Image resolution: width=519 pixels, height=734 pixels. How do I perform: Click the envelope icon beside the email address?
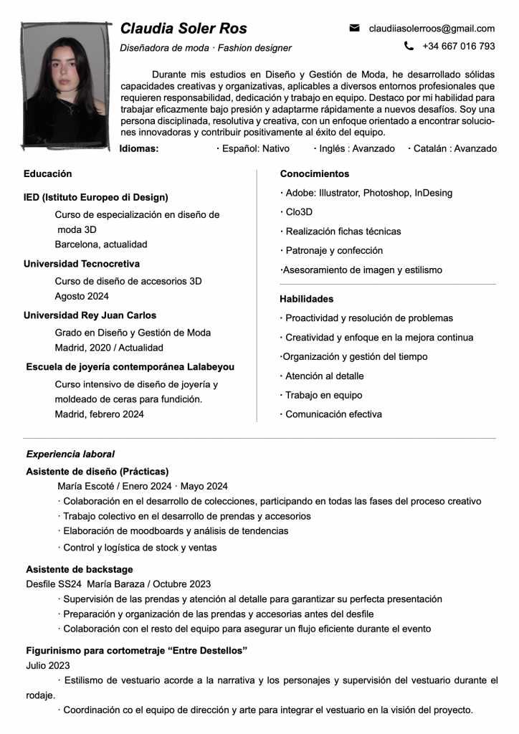(354, 28)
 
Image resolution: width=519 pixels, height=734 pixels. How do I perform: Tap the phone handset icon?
(409, 46)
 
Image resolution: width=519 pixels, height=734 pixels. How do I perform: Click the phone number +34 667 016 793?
(459, 46)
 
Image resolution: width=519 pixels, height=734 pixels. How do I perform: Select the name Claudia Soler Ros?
(184, 29)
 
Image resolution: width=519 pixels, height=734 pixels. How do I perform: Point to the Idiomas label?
(139, 148)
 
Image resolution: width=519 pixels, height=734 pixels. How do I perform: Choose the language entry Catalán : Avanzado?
(452, 148)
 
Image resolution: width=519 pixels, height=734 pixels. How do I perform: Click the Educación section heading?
(47, 173)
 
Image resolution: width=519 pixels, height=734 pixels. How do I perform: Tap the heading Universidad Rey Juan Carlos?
(90, 315)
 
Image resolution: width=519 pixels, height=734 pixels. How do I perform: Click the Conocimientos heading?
(315, 173)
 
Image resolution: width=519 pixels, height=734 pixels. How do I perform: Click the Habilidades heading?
(306, 299)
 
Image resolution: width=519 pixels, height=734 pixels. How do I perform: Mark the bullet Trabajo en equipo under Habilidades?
(323, 395)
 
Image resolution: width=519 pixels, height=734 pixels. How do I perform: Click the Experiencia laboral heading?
(70, 454)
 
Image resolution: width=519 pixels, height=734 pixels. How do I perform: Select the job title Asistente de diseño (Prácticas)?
(97, 471)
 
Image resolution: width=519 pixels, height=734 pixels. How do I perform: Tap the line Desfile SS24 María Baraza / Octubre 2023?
(118, 584)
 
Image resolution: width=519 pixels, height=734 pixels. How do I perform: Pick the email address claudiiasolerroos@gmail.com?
(432, 29)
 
